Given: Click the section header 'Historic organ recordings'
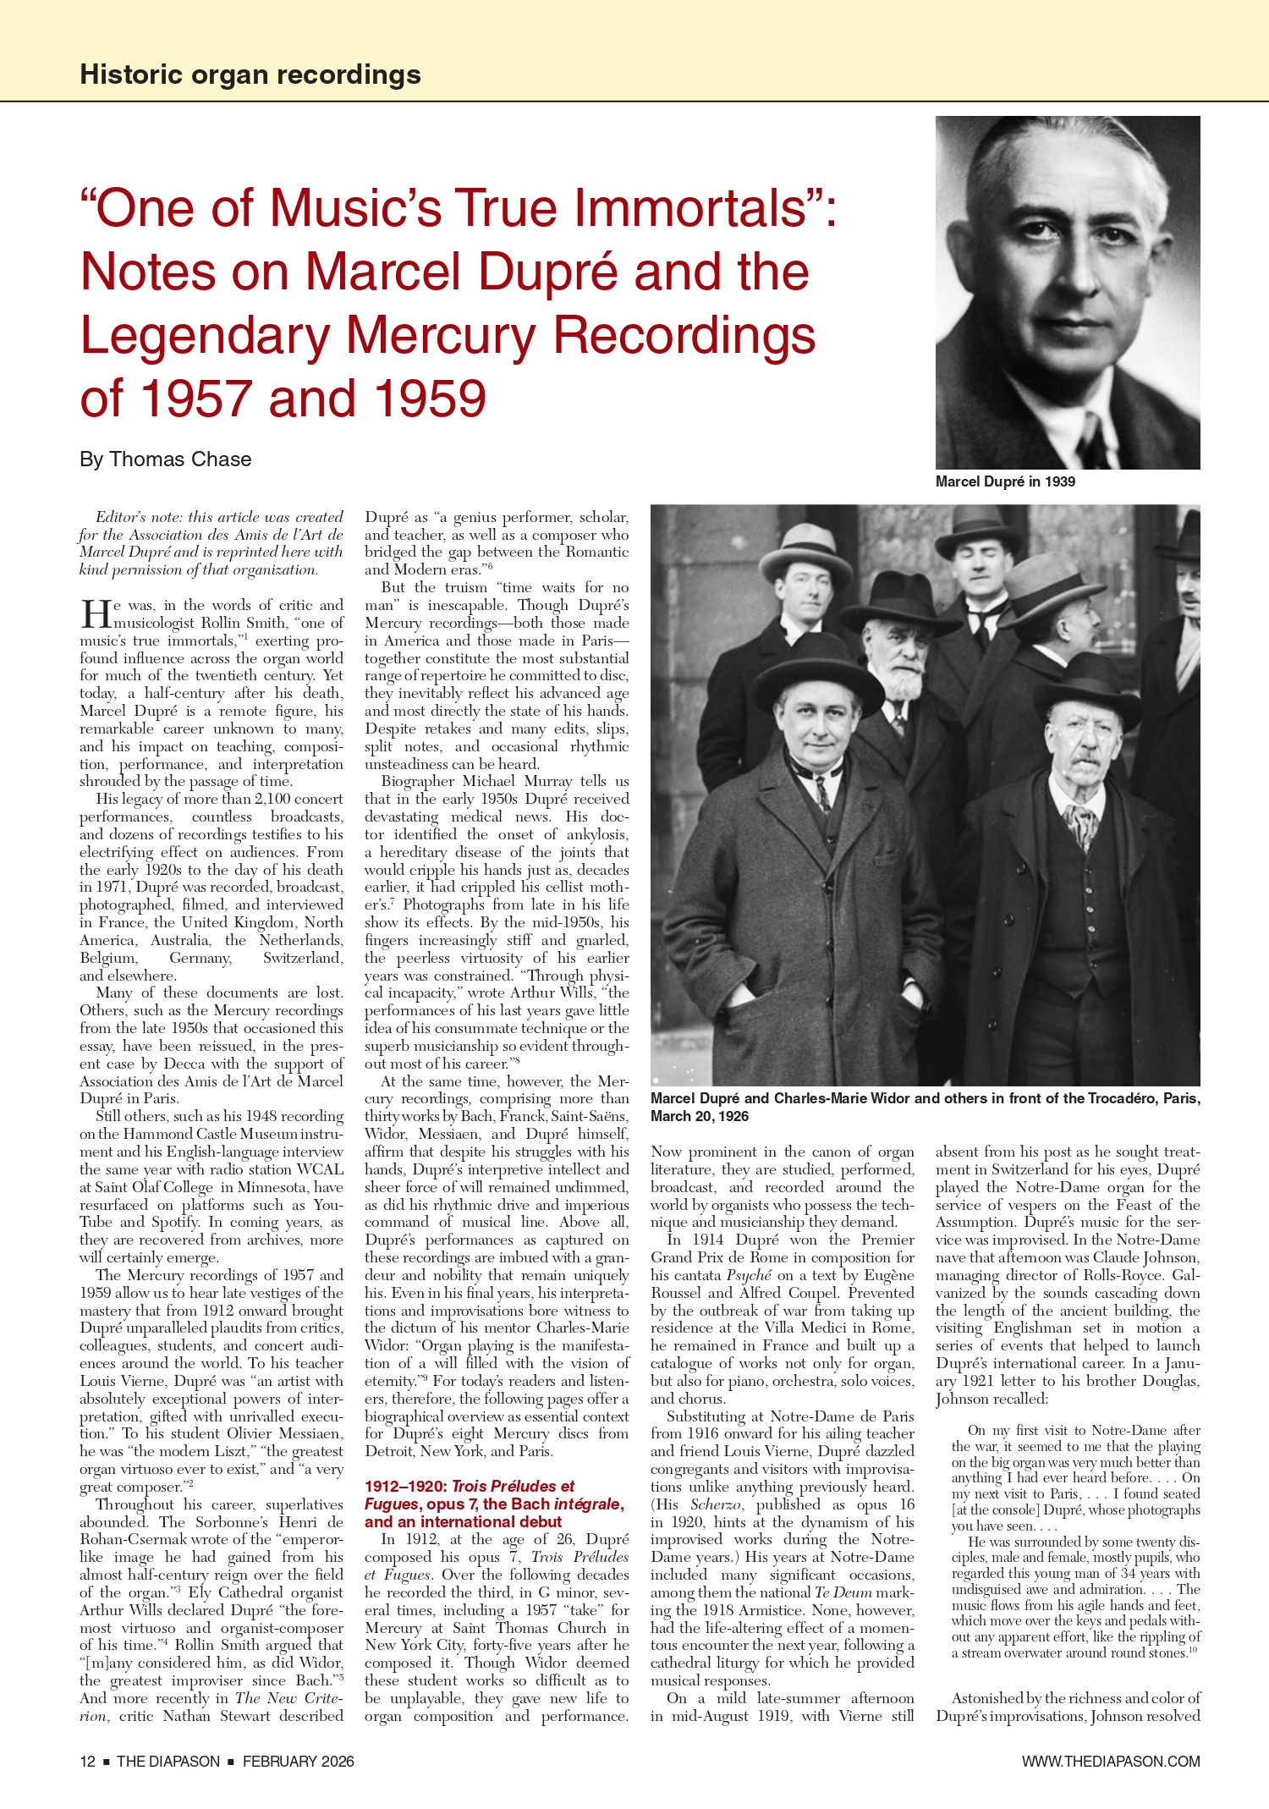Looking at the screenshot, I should pos(250,74).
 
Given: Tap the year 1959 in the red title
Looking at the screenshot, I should pos(430,399).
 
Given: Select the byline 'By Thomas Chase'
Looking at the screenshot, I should pos(166,459).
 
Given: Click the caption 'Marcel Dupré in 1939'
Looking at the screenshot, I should pos(1005,481).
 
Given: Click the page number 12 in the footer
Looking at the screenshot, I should pos(87,1762).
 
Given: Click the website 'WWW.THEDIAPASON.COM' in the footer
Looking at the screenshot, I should pos(1110,1762).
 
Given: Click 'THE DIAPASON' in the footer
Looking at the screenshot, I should pos(168,1762).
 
